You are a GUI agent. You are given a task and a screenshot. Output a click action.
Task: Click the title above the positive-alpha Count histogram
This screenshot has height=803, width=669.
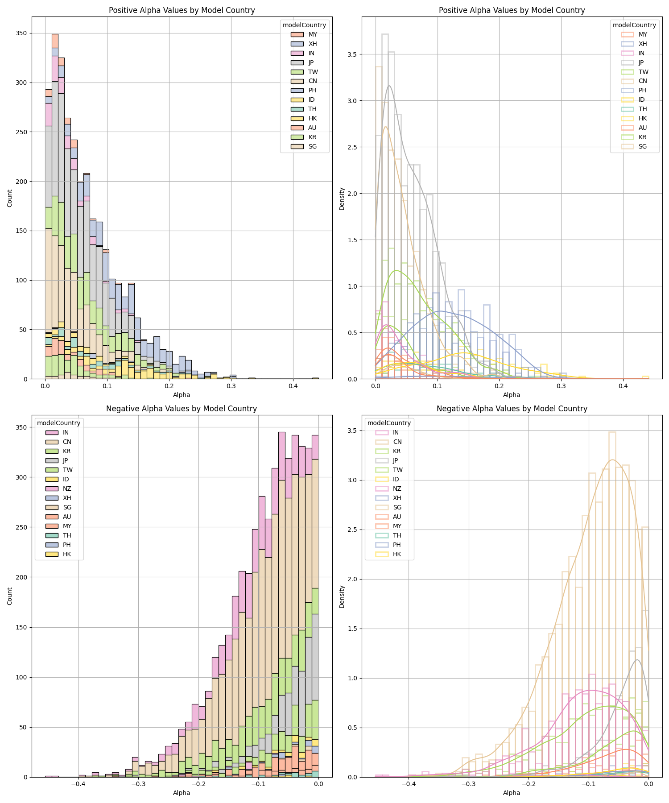[182, 10]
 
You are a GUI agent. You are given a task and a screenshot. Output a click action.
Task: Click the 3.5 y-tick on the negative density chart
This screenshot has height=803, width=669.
[352, 431]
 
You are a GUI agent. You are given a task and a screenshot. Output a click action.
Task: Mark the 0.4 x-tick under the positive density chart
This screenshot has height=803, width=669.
[623, 386]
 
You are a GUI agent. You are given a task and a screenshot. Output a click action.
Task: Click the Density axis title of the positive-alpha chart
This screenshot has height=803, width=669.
[342, 199]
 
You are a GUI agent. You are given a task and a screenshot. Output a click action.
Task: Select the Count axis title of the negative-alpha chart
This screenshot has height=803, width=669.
[10, 596]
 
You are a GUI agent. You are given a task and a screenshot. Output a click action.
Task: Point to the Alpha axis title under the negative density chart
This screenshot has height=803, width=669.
[512, 793]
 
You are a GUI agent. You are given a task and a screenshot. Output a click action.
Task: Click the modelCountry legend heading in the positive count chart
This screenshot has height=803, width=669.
[304, 25]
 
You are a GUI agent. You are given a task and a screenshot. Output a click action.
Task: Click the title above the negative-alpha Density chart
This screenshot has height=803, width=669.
[512, 409]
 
